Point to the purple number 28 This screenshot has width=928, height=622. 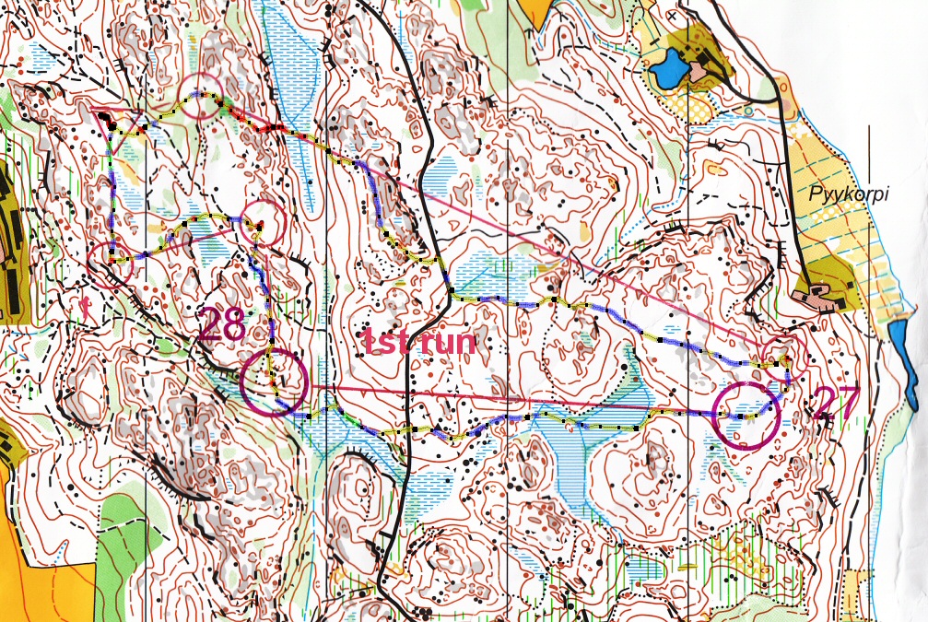(x=222, y=325)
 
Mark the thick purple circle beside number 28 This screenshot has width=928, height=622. (x=274, y=382)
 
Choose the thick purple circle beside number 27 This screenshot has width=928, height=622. (x=746, y=416)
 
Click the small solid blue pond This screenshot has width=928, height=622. (x=668, y=69)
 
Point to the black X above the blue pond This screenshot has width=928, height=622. (x=674, y=17)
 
